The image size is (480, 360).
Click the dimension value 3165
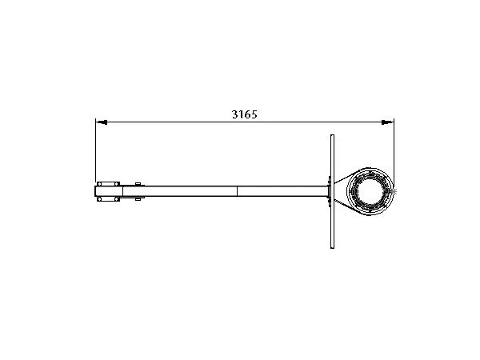coord(244,114)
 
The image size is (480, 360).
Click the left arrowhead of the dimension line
coord(102,122)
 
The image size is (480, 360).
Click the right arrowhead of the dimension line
coord(388,122)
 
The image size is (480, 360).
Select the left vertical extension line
coord(96,150)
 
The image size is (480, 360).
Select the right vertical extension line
coord(394,154)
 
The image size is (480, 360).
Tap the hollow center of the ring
coord(370,191)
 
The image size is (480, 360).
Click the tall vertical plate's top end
coord(332,135)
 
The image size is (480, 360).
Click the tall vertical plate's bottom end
coord(332,248)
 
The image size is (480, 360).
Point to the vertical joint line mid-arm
coord(237,191)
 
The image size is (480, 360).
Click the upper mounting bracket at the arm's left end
coord(108,184)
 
